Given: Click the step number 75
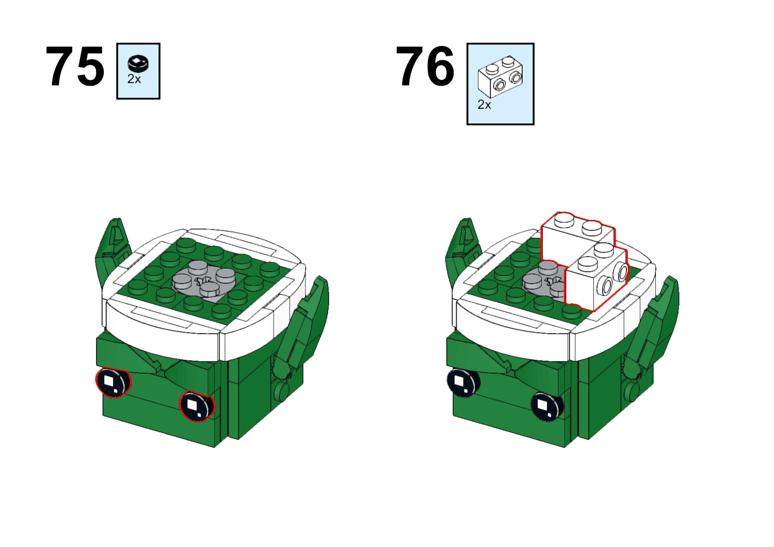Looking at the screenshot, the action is pos(75,66).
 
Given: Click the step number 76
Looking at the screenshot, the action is pos(425,66).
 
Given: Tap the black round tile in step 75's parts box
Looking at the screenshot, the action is pos(138,63).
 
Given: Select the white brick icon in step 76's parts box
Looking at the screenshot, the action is pos(501,77).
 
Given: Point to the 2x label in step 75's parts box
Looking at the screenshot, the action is pos(134,79).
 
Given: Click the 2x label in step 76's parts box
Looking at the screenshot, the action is pos(484,105).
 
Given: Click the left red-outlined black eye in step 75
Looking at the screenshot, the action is pos(113,383).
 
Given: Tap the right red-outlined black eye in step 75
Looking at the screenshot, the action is pos(197,406).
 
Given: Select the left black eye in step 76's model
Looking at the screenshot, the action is pos(463,383).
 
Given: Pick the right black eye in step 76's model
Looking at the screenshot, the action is pos(546,406).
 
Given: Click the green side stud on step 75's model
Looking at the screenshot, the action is pos(282,391).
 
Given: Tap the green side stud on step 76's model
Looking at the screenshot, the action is pos(632,391).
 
